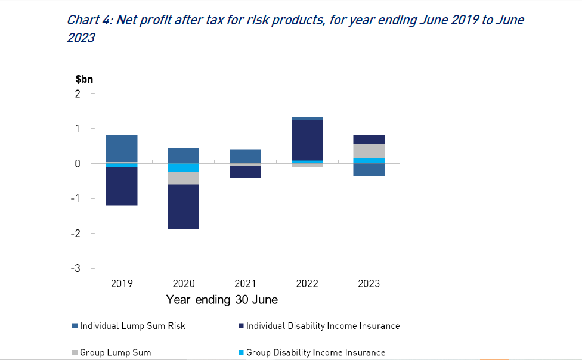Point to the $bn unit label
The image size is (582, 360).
pyautogui.click(x=84, y=79)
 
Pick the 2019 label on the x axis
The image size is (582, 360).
pyautogui.click(x=122, y=284)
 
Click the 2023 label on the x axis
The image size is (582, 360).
pyautogui.click(x=369, y=284)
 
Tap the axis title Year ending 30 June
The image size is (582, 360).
pyautogui.click(x=222, y=300)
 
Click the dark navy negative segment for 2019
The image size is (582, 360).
pyautogui.click(x=122, y=186)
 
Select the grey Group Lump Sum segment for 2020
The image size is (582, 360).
pyautogui.click(x=183, y=178)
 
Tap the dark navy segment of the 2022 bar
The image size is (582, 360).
pyautogui.click(x=307, y=140)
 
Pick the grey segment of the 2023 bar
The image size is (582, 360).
pyautogui.click(x=369, y=151)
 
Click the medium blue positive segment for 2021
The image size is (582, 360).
pyautogui.click(x=245, y=156)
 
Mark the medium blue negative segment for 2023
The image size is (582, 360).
pyautogui.click(x=369, y=170)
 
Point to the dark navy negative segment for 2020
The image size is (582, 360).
pyautogui.click(x=183, y=207)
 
